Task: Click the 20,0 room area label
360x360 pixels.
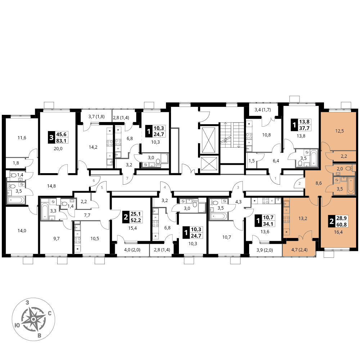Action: point(58,149)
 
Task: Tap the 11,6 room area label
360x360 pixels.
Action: point(22,138)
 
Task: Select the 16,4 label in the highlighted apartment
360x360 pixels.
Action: point(338,232)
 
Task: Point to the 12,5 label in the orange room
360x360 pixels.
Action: point(339,131)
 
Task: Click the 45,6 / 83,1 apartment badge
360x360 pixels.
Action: point(58,137)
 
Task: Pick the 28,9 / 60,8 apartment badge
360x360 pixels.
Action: point(338,221)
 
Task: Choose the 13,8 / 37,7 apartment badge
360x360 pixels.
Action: point(301,125)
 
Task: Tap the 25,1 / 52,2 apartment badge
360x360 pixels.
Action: point(132,217)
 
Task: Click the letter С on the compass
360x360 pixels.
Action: point(49,314)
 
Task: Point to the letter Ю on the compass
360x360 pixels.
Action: point(17,325)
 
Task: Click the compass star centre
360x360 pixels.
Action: point(33,319)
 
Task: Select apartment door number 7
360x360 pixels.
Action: point(127,179)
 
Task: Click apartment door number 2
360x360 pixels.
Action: point(300,184)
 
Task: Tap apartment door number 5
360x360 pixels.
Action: point(102,187)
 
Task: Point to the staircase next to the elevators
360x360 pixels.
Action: point(232,135)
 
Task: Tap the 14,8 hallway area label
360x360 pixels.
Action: point(51,186)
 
